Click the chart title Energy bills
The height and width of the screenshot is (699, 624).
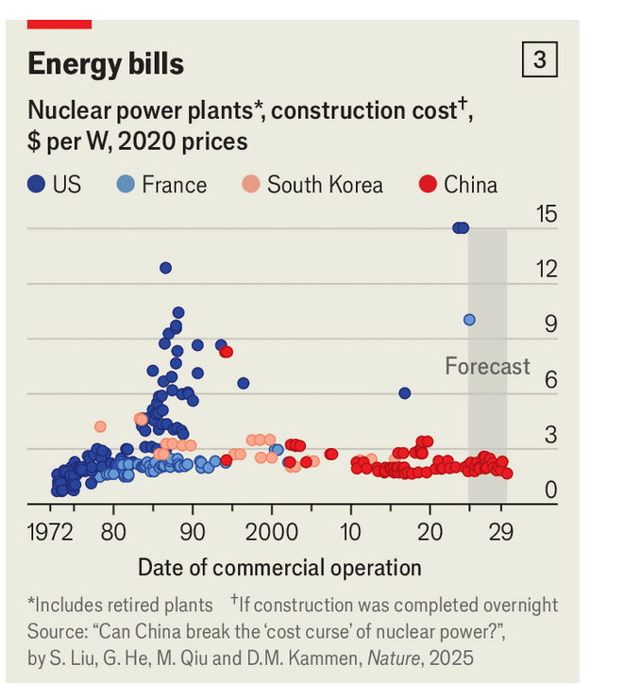tap(105, 63)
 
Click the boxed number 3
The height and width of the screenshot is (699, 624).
tap(539, 61)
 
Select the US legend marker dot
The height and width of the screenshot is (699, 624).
tap(36, 185)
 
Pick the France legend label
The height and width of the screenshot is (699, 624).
tap(174, 185)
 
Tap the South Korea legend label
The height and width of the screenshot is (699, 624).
tap(325, 185)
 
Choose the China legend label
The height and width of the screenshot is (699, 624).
tap(470, 185)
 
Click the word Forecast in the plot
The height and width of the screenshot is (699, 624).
tap(487, 366)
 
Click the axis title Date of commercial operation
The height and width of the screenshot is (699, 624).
tap(279, 568)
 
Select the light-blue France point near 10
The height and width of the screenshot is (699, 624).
tap(469, 320)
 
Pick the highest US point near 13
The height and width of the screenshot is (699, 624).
tap(166, 268)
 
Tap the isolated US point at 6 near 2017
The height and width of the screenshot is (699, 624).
tap(405, 392)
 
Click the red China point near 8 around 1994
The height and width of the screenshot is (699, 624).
tap(227, 352)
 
